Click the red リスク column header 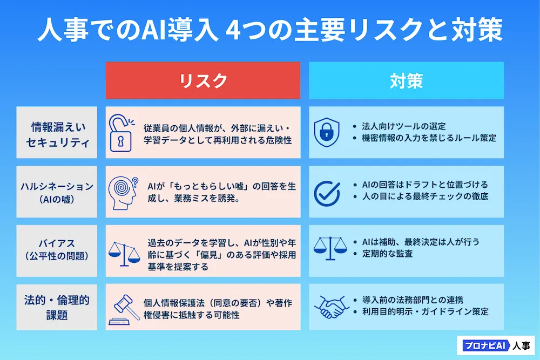[203, 80]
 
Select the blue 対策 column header [406, 80]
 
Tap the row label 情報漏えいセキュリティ [57, 133]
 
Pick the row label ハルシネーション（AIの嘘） [57, 192]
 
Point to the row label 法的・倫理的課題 [57, 307]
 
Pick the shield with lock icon [327, 133]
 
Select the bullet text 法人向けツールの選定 [404, 126]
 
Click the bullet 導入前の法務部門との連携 [415, 300]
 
